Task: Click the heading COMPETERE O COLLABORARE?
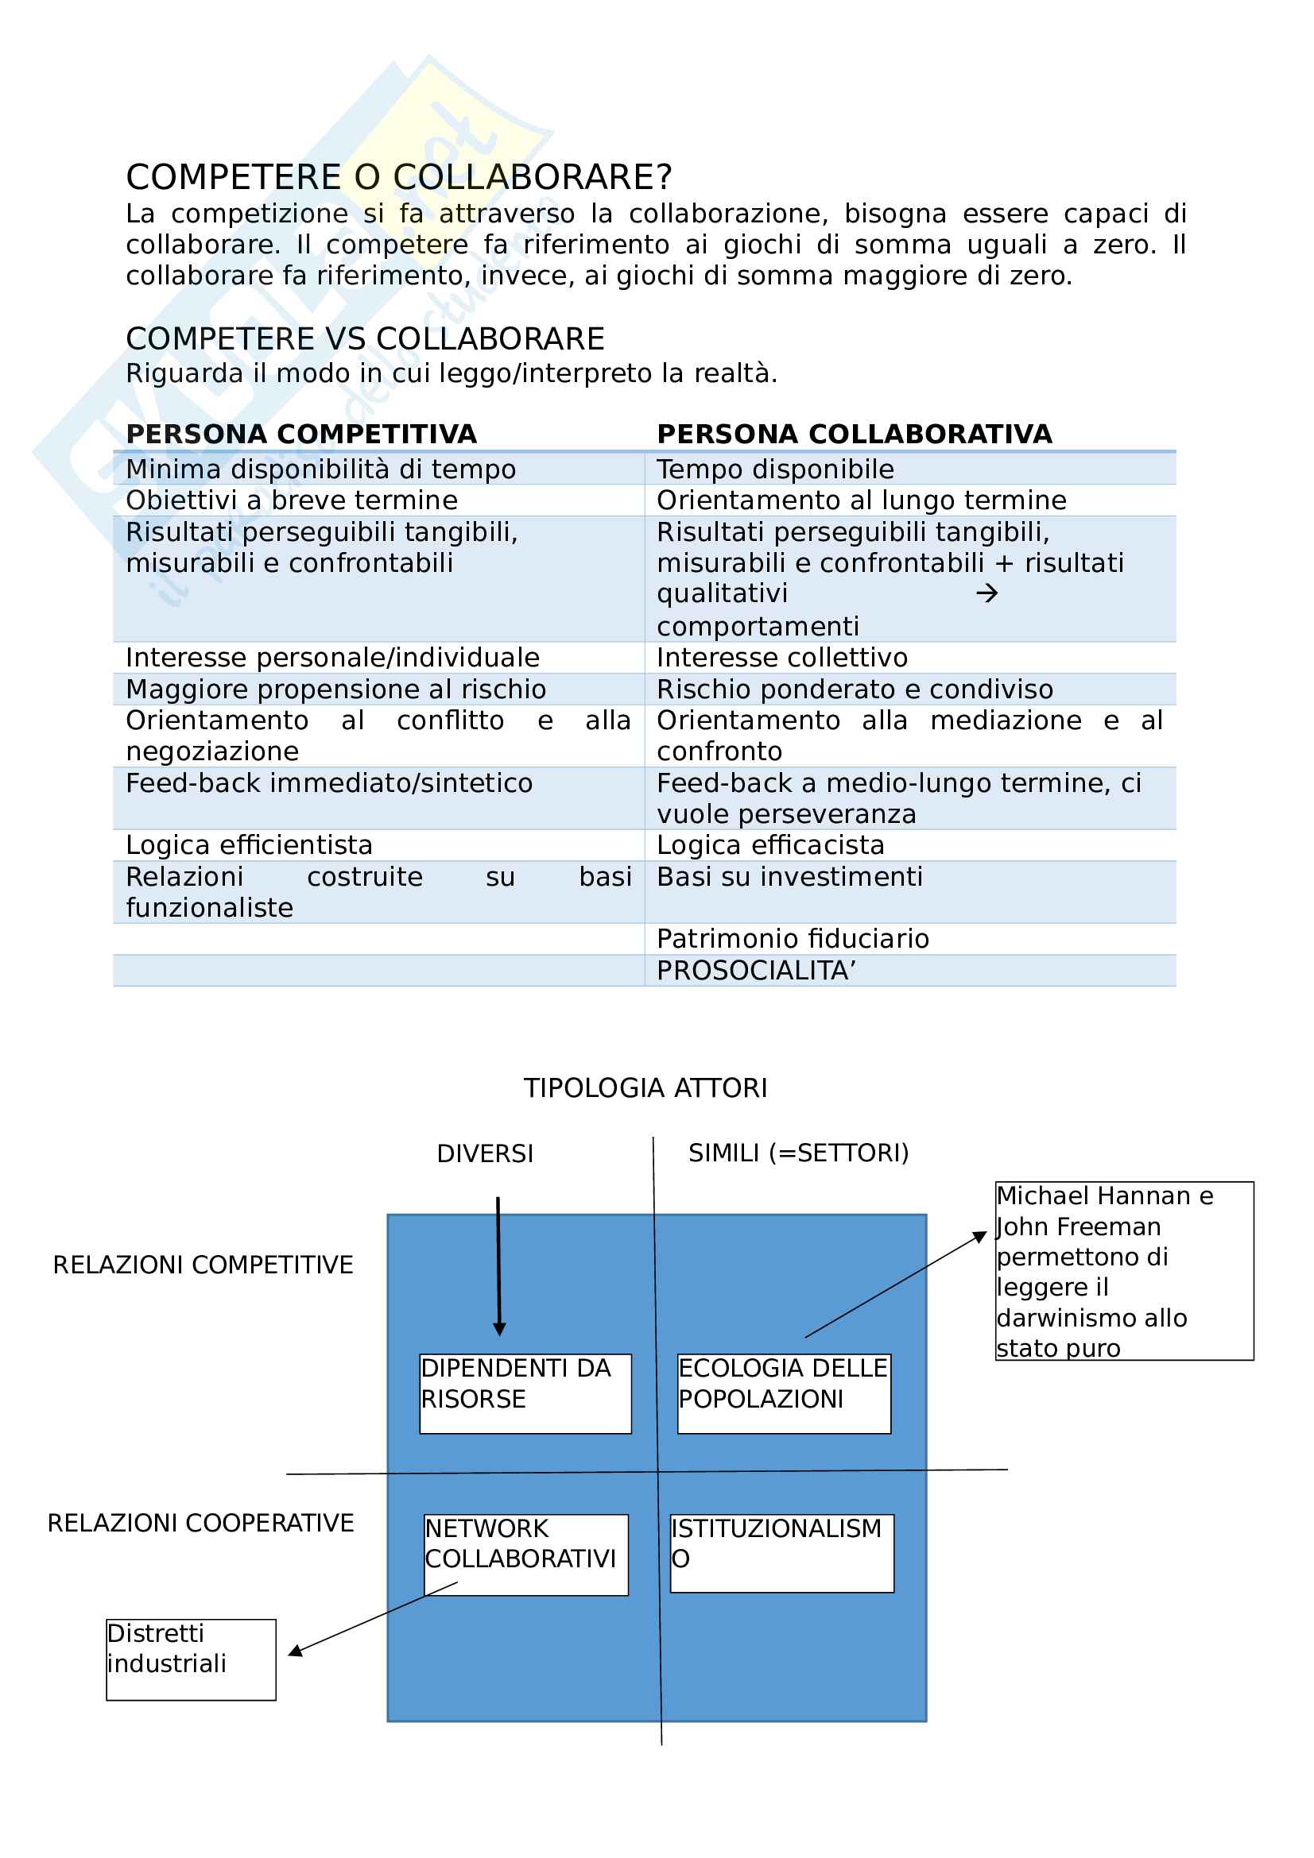tap(398, 177)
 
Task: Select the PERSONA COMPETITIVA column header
tap(301, 435)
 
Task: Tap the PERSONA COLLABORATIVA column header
tap(855, 435)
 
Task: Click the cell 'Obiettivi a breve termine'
tap(292, 501)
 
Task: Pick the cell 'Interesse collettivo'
tap(781, 658)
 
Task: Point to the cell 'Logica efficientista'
tap(250, 846)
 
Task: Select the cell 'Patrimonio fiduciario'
tap(793, 940)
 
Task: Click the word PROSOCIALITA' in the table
tap(756, 971)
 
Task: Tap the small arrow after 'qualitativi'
tap(986, 594)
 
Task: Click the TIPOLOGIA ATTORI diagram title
tap(645, 1088)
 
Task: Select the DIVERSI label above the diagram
tap(485, 1154)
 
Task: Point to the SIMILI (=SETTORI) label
tap(798, 1153)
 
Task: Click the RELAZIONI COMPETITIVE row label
tap(203, 1265)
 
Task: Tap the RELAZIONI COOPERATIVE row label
tap(201, 1523)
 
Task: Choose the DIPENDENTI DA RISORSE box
tap(525, 1393)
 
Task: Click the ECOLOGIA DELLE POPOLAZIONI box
tap(784, 1393)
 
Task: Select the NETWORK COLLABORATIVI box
tap(525, 1555)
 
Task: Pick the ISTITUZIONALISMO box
tap(781, 1553)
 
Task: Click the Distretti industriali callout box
tap(191, 1659)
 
